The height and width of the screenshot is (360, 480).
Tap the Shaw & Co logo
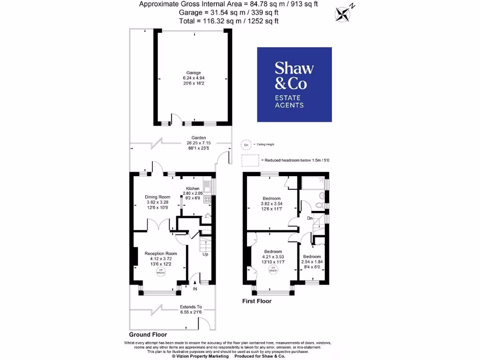pos(294,84)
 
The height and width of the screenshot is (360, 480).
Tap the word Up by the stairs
pos(205,255)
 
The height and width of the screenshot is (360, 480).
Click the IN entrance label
pos(195,289)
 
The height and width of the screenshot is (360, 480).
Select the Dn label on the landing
pos(310,218)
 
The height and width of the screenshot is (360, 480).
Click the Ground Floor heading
pos(148,335)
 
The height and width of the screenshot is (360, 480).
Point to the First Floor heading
pos(256,301)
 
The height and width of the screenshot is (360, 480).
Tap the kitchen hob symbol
pos(207,200)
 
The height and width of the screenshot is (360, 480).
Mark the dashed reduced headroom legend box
pos(250,160)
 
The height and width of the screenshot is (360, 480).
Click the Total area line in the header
pos(230,21)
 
